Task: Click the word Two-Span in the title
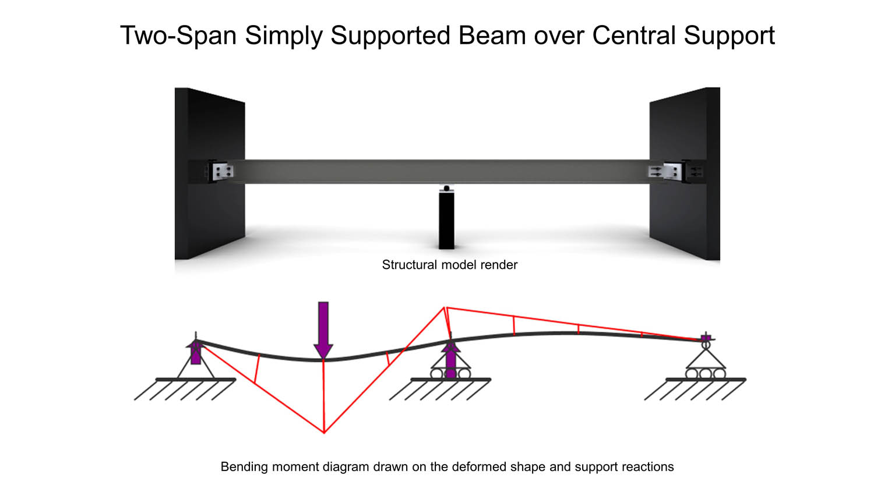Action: click(x=178, y=35)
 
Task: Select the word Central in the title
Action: click(x=634, y=35)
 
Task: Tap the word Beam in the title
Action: click(x=492, y=35)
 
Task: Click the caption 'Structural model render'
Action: click(x=449, y=265)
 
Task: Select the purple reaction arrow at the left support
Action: click(x=195, y=352)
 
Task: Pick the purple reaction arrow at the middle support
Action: click(x=450, y=359)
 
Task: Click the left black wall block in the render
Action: click(x=210, y=173)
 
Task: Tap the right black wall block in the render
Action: click(x=685, y=173)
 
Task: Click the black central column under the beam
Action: click(x=446, y=220)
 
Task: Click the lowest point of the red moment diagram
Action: click(x=324, y=433)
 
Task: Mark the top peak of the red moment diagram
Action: click(x=445, y=307)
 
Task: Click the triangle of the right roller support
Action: click(x=706, y=359)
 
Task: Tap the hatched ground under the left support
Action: click(x=185, y=389)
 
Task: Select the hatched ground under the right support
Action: click(x=695, y=389)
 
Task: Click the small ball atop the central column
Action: click(x=446, y=189)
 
